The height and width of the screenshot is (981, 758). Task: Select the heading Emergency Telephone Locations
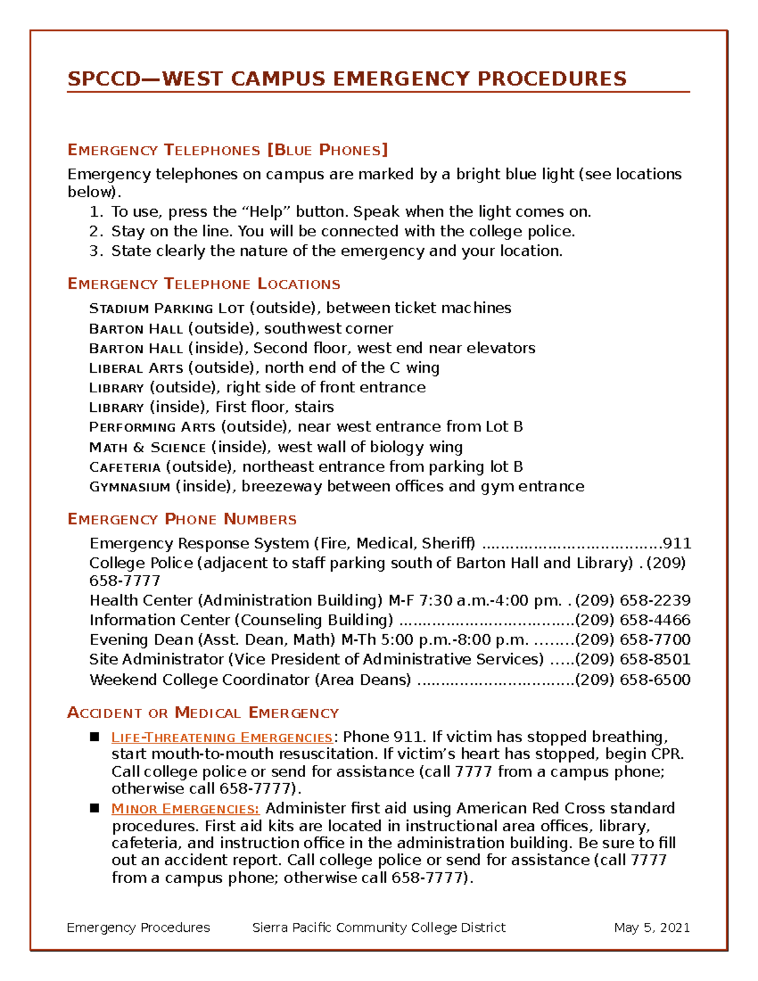coord(203,284)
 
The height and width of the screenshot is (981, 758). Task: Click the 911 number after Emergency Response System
coord(677,543)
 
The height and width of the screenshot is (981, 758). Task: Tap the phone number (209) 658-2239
coord(632,600)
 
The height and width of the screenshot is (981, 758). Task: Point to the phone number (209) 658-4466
coord(632,620)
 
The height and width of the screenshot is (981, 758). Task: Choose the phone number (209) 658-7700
coord(632,639)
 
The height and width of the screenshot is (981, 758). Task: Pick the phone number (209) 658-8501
coord(632,659)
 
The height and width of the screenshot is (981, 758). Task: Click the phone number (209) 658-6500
coord(632,680)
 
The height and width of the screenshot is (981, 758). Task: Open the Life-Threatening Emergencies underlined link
coord(222,738)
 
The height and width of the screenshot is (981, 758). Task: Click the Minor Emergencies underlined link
coord(185,809)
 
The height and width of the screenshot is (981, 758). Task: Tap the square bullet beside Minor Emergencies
coord(95,808)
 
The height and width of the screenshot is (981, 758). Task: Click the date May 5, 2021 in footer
coord(651,927)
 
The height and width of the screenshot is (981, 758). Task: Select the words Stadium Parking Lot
coord(167,309)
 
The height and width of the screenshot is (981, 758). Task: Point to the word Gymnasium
coord(129,487)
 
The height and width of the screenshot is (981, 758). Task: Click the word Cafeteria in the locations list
coord(125,467)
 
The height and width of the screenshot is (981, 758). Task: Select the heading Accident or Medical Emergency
coord(203,713)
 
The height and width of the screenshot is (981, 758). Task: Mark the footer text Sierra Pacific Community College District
coord(378,927)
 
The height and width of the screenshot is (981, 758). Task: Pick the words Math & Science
coord(147,448)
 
